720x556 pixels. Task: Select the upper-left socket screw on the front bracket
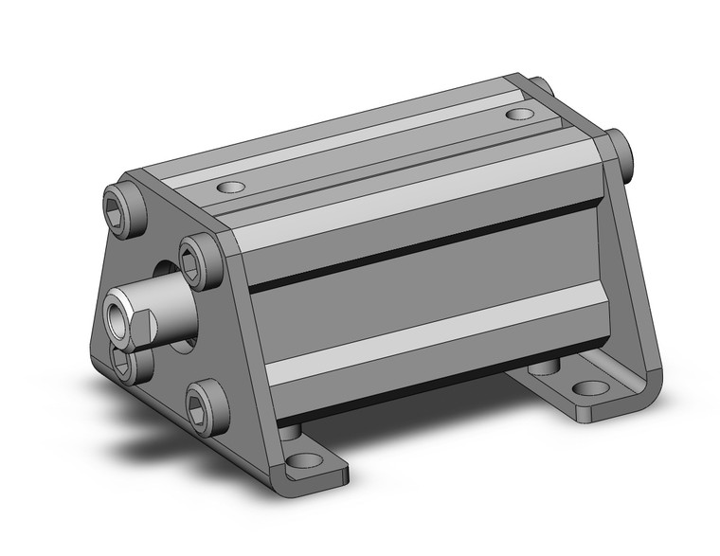(x=123, y=207)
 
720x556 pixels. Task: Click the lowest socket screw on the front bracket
(x=206, y=406)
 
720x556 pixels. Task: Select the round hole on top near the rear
(x=518, y=115)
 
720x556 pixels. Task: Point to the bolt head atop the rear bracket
(x=539, y=86)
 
